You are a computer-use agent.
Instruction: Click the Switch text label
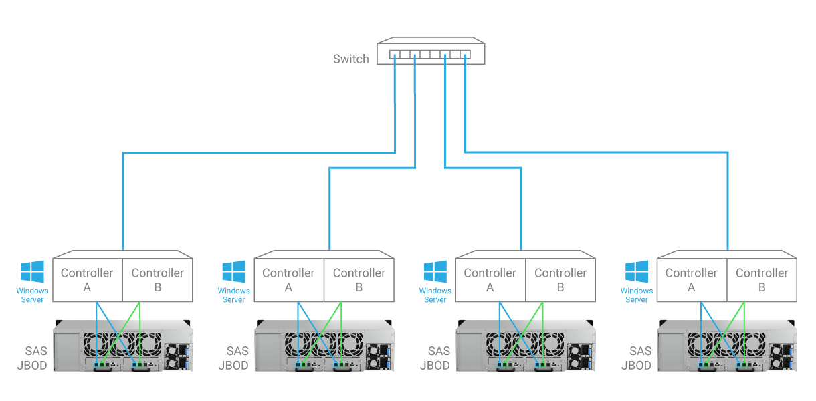tap(350, 59)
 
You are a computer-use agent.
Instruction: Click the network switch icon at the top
tap(431, 53)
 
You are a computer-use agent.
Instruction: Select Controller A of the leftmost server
tap(87, 279)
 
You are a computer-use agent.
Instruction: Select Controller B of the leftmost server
tap(157, 279)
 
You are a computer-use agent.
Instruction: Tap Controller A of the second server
tap(288, 279)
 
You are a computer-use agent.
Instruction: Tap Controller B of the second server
tap(359, 279)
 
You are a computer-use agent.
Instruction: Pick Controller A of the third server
tap(490, 279)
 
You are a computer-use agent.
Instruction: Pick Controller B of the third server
tap(560, 279)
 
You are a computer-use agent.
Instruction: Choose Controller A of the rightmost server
tap(691, 279)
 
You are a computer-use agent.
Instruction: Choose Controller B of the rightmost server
tap(761, 279)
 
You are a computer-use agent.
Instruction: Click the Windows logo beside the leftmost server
tap(32, 271)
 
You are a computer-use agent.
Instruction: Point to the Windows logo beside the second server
tap(233, 271)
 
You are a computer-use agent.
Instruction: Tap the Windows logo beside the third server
tap(435, 271)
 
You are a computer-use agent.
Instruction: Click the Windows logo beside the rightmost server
tap(636, 271)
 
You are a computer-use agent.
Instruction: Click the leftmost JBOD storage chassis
tap(123, 346)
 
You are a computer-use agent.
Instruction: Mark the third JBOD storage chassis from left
tap(526, 346)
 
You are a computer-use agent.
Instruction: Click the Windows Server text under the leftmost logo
tap(32, 295)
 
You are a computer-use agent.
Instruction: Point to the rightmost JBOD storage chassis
tap(727, 346)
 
